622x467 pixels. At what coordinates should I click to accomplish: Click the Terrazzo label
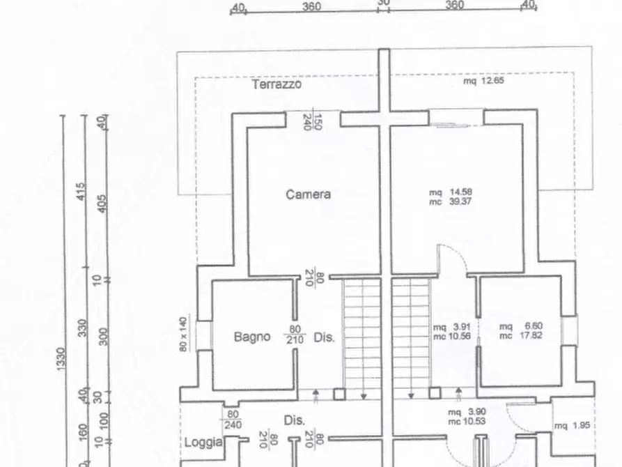[x=277, y=85]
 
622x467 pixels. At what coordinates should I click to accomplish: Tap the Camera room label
[x=308, y=194]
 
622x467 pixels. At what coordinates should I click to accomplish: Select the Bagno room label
[x=252, y=337]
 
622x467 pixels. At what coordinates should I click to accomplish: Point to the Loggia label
[x=203, y=442]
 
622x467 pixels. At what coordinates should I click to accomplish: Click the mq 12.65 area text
[x=483, y=81]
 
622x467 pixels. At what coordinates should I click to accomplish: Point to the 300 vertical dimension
[x=104, y=336]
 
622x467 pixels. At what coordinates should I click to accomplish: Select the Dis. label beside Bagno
[x=324, y=337]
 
